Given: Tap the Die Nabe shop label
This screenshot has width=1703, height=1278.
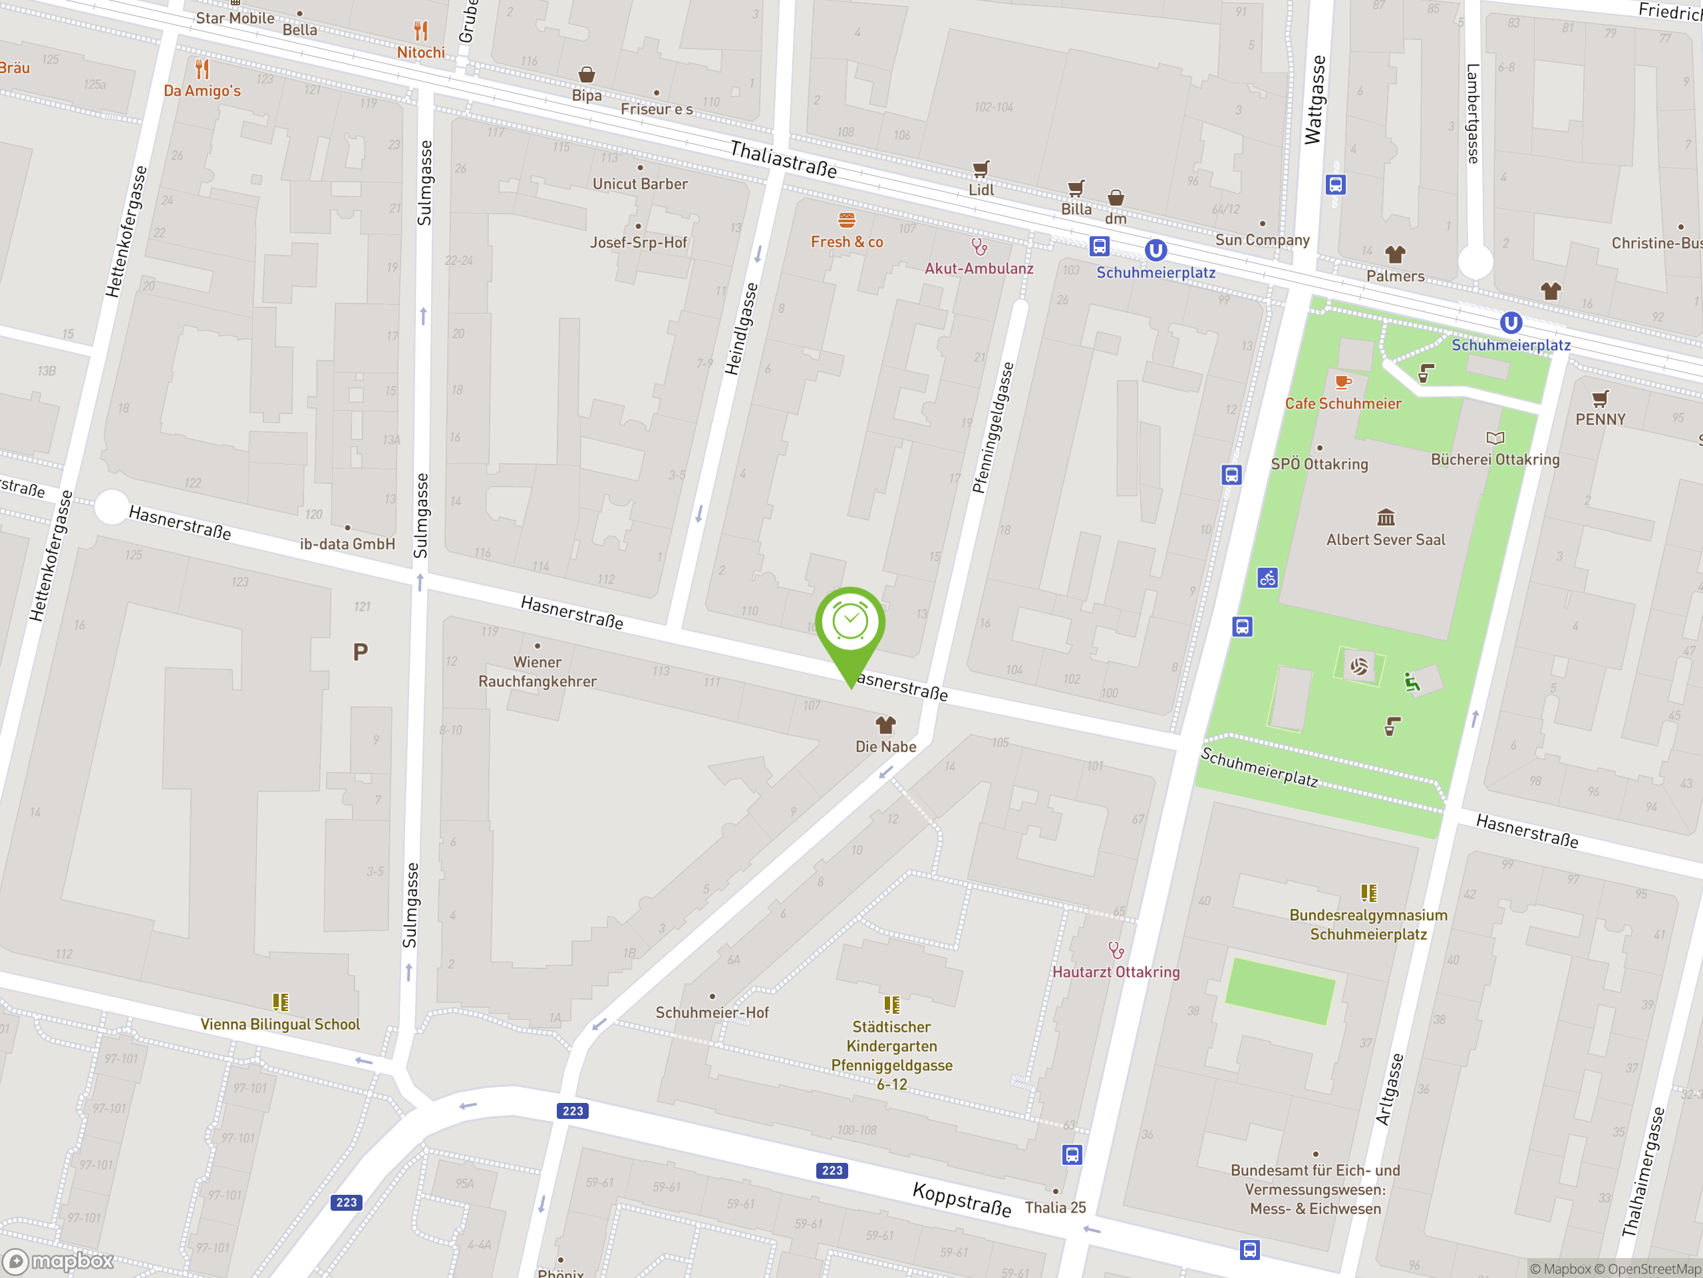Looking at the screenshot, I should [885, 746].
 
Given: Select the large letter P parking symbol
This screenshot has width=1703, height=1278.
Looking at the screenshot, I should [361, 652].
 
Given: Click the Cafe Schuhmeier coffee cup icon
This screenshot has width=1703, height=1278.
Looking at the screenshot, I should [1342, 382].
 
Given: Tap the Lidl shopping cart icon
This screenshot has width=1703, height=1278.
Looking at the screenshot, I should [980, 168].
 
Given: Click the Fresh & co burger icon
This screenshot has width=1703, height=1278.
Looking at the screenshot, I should [847, 220].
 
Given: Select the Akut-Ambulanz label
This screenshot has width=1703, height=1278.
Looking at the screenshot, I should [979, 269].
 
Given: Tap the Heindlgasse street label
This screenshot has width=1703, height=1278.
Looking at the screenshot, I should [742, 329].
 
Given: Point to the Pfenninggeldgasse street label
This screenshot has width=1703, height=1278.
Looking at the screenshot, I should [993, 428].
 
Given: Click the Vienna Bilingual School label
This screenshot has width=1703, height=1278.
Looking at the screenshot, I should [280, 1024].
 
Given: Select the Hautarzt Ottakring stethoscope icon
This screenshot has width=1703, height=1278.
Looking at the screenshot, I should [1116, 950].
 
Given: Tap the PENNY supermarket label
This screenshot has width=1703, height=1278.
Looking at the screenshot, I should [1600, 420].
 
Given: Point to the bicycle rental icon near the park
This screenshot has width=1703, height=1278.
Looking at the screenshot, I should [1267, 578].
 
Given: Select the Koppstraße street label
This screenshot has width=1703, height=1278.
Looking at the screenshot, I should [961, 1199].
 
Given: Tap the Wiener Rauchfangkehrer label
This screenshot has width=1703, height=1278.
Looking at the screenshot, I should [538, 672].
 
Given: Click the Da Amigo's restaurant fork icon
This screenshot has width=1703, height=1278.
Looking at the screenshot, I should [202, 69].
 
